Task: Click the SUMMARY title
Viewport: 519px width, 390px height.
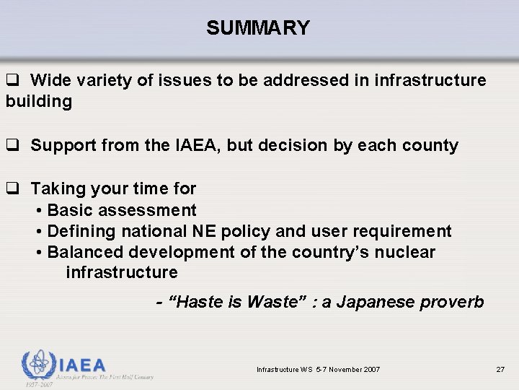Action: click(257, 28)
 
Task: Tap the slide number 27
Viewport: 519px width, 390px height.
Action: click(500, 370)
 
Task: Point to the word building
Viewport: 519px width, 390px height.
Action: click(39, 101)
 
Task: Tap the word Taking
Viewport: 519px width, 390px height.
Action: click(56, 189)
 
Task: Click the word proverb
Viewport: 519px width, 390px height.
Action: click(456, 301)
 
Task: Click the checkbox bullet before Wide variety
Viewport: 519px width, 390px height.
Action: click(12, 81)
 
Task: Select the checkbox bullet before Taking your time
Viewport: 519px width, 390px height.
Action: click(12, 189)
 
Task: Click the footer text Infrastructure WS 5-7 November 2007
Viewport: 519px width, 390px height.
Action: click(319, 370)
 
